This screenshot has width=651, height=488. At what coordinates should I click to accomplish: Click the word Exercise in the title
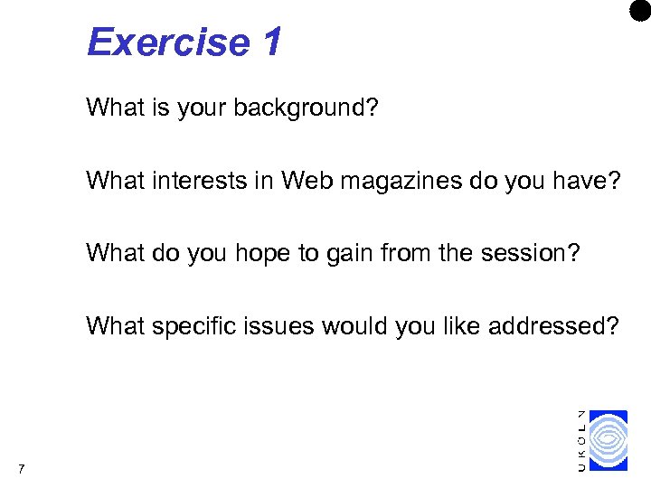(169, 42)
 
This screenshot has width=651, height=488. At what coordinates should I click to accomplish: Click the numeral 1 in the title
(271, 42)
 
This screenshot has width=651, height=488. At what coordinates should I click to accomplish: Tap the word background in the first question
(306, 108)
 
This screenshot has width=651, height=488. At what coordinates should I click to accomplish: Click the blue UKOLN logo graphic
(608, 441)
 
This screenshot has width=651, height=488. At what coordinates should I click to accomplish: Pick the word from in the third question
(421, 253)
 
